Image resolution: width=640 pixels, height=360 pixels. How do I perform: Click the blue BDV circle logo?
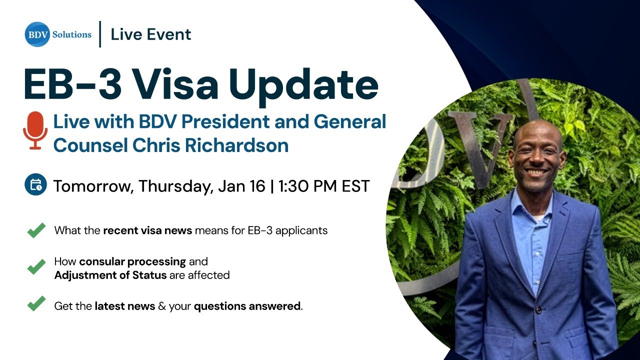pos(37,34)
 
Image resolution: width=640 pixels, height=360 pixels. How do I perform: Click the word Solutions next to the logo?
pos(72,34)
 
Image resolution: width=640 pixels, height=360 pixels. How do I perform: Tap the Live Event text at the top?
pos(151,34)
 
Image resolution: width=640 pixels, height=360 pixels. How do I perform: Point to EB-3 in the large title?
pos(73,85)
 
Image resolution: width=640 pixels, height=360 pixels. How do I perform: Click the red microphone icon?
pos(35,131)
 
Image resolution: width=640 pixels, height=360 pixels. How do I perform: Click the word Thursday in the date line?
pos(175,186)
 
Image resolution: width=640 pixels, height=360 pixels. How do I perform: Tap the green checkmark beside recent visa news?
pos(36,230)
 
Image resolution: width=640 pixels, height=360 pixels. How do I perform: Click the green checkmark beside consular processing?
pos(36,267)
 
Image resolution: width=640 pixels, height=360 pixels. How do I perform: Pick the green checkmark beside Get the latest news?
pos(36,303)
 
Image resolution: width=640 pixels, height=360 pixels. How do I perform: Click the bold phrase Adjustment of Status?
pos(110,275)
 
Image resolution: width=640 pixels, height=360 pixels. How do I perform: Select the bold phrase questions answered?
pos(247,306)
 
